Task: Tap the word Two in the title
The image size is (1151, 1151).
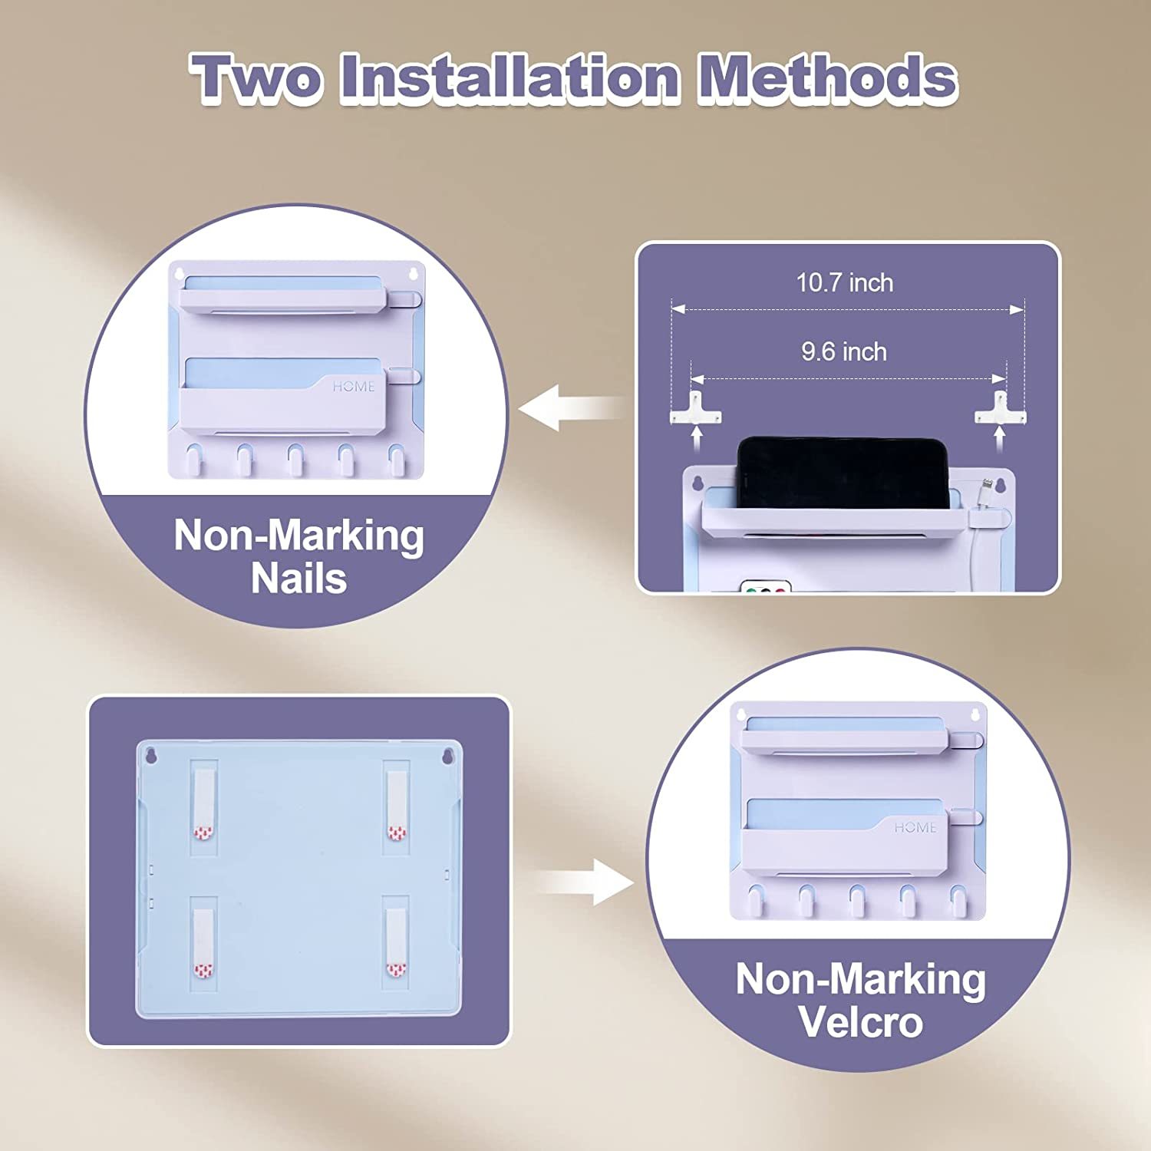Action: point(256,78)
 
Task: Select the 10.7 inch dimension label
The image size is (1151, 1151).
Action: point(844,282)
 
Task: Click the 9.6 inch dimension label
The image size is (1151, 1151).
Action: point(844,351)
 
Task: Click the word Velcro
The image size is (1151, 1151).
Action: point(860,1021)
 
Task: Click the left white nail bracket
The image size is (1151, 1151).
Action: point(695,407)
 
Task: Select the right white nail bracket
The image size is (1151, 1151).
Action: point(1000,407)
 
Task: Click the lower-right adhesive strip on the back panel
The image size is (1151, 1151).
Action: point(396,939)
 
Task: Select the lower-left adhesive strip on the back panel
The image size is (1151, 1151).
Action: point(203,939)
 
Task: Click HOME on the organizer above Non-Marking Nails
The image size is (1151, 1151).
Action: point(354,386)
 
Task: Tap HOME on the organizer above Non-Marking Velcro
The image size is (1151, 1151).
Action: point(915,827)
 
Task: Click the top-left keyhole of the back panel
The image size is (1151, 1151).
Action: point(151,756)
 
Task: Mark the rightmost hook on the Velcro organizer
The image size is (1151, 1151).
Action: point(958,899)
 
